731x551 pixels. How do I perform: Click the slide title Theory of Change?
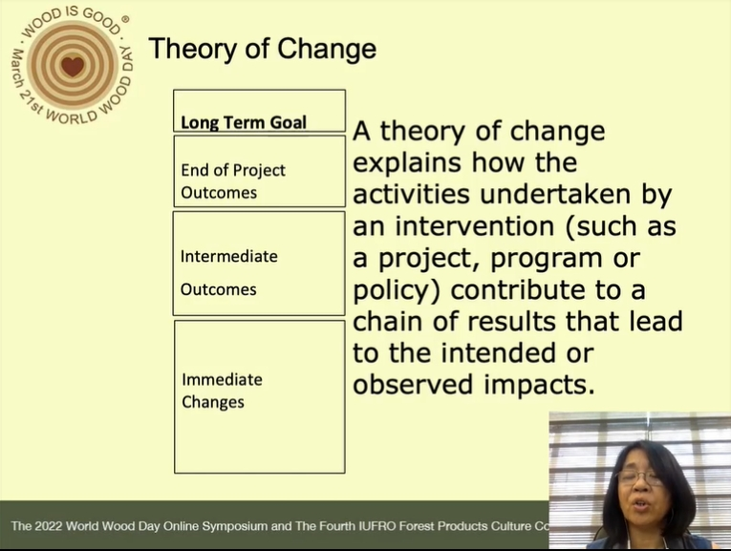click(x=263, y=49)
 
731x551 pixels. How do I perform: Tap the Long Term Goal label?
click(x=244, y=122)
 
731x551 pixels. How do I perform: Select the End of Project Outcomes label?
click(x=233, y=181)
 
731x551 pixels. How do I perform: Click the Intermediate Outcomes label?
click(x=229, y=272)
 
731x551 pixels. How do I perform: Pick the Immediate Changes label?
click(x=222, y=391)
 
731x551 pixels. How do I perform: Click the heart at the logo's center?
click(x=73, y=66)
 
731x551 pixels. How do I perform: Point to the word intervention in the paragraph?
click(x=475, y=226)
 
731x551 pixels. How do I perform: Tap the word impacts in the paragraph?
click(x=539, y=385)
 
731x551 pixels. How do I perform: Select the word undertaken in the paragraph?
click(x=555, y=194)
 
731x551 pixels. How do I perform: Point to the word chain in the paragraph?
click(x=387, y=321)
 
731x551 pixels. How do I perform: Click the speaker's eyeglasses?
click(x=638, y=477)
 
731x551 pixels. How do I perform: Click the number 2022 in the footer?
click(x=48, y=526)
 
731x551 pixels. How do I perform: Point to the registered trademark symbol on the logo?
click(x=125, y=19)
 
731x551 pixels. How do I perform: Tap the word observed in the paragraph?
click(x=414, y=385)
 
